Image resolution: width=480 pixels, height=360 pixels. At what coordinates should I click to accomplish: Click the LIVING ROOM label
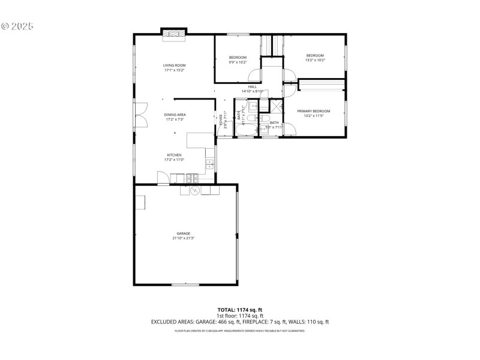click(174, 65)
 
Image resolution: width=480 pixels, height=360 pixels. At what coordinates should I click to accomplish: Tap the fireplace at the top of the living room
click(175, 34)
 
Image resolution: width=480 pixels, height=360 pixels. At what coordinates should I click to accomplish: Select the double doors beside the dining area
click(142, 114)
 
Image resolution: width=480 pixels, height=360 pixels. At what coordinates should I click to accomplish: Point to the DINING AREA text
click(175, 114)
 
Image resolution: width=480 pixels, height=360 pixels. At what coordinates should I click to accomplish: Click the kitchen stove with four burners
click(191, 178)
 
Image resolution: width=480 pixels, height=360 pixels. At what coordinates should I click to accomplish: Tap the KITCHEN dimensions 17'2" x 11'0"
click(174, 160)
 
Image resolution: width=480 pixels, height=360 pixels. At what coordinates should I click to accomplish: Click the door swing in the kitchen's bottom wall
click(163, 178)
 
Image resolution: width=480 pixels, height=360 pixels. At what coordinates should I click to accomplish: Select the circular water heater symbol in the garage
click(194, 190)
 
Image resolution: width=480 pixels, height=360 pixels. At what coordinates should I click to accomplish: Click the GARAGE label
click(183, 233)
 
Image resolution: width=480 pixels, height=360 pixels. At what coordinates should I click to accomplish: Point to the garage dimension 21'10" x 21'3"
click(183, 238)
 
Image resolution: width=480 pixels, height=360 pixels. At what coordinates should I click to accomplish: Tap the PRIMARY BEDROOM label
click(314, 110)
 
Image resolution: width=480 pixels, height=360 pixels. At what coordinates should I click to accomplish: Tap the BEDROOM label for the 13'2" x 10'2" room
click(315, 55)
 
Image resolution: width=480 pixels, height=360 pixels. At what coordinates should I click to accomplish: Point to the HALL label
click(253, 86)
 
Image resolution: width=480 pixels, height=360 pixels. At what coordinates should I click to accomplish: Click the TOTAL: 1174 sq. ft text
click(239, 310)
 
